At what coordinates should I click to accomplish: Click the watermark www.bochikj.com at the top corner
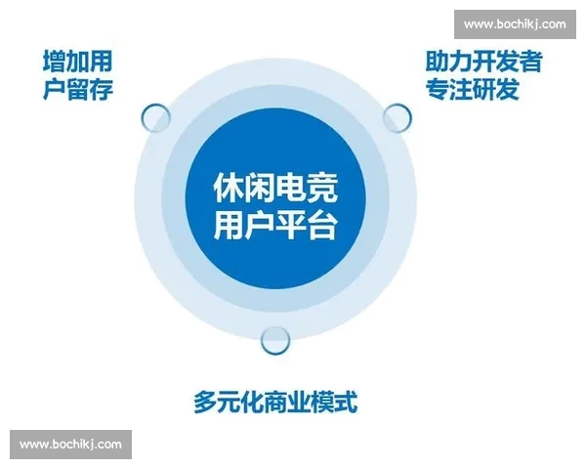(x=514, y=23)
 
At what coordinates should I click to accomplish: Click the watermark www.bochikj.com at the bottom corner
(x=70, y=444)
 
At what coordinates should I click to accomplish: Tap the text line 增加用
(x=78, y=63)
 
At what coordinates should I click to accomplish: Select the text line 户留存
(x=78, y=91)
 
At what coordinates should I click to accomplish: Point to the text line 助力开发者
(x=483, y=63)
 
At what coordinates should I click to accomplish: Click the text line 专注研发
(x=472, y=91)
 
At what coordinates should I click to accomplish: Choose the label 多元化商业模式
(x=274, y=402)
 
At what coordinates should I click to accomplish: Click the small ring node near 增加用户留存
(x=156, y=119)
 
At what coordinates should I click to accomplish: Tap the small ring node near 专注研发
(x=397, y=119)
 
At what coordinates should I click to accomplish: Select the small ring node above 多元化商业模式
(x=276, y=339)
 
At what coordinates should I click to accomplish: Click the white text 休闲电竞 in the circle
(x=275, y=189)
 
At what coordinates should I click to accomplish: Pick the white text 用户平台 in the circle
(x=275, y=226)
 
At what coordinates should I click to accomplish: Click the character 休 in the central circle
(x=228, y=189)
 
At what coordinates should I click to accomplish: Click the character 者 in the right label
(x=529, y=63)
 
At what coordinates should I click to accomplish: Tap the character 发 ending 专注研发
(x=506, y=91)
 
